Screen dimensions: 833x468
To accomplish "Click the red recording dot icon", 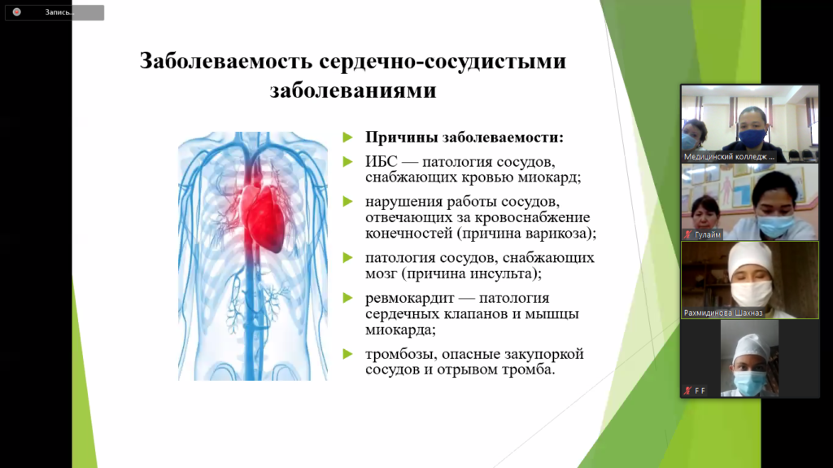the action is coord(17,11).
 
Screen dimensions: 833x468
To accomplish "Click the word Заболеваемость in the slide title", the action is coord(226,60).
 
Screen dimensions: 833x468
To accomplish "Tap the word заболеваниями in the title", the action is coord(353,90).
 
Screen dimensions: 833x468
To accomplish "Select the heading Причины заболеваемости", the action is coord(464,138).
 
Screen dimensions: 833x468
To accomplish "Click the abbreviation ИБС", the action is coord(381,162).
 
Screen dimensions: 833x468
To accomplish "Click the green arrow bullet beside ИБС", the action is coord(348,162).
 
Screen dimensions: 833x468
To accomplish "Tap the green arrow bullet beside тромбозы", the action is coord(348,354).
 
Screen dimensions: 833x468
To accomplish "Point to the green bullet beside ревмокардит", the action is coord(348,298).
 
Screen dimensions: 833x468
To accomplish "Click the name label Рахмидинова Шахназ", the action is coord(723,313).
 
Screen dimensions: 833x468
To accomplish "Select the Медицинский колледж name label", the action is coord(729,156).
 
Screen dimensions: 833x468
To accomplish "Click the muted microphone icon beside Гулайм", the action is coord(688,234).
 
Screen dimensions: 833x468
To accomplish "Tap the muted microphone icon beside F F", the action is coord(687,391).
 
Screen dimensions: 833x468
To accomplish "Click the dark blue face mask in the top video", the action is coord(752,138).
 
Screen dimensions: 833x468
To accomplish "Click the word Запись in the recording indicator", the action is coord(59,12).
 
